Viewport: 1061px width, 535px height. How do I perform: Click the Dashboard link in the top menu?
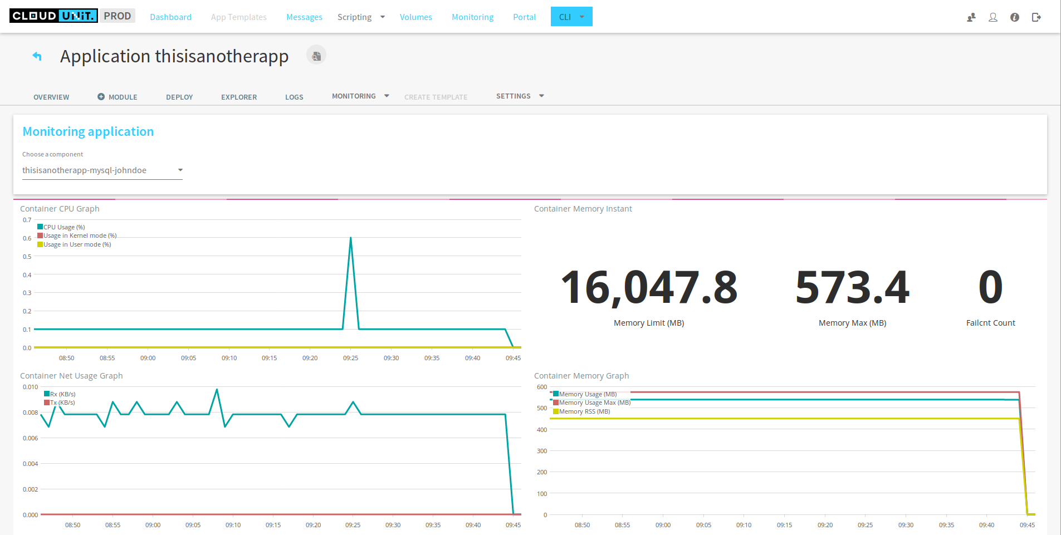(x=170, y=17)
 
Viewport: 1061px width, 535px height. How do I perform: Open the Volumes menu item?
(x=415, y=17)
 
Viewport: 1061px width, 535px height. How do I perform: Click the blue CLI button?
(x=565, y=17)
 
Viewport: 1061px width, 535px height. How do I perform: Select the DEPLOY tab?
(x=179, y=97)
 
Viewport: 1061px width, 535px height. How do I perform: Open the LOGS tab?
(x=294, y=97)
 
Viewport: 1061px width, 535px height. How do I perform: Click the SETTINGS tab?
(x=514, y=96)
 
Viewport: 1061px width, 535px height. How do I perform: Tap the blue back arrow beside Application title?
(x=37, y=56)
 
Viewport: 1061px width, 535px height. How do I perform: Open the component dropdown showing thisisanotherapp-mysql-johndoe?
(x=102, y=170)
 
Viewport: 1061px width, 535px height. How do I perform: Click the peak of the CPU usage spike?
(x=350, y=238)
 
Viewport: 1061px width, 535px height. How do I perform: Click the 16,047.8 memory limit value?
(x=649, y=288)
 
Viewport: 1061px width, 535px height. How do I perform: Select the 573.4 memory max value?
(x=852, y=288)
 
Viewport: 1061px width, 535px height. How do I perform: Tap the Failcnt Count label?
(x=990, y=323)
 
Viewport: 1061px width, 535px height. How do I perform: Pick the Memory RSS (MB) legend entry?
(x=584, y=412)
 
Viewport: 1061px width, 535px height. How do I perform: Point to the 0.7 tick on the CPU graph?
(x=27, y=220)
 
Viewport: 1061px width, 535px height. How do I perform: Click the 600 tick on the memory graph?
(x=541, y=387)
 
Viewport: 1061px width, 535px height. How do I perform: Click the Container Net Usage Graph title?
(x=71, y=376)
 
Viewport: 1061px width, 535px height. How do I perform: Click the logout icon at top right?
(x=1036, y=17)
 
